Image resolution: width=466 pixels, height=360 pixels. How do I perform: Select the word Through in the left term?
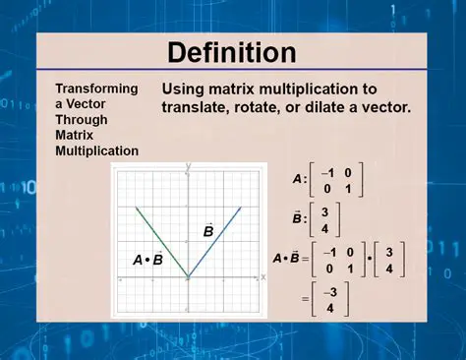pos(80,119)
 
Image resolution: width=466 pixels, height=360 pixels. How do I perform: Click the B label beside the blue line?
pos(208,231)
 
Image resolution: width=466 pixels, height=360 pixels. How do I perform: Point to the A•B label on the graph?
pos(147,260)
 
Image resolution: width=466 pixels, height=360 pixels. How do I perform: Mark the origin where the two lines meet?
pos(188,277)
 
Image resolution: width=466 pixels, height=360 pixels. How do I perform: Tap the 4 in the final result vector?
pos(331,307)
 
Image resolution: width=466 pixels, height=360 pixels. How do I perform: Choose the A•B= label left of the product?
pos(291,260)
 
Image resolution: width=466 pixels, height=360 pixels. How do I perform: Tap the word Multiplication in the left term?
pos(96,150)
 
